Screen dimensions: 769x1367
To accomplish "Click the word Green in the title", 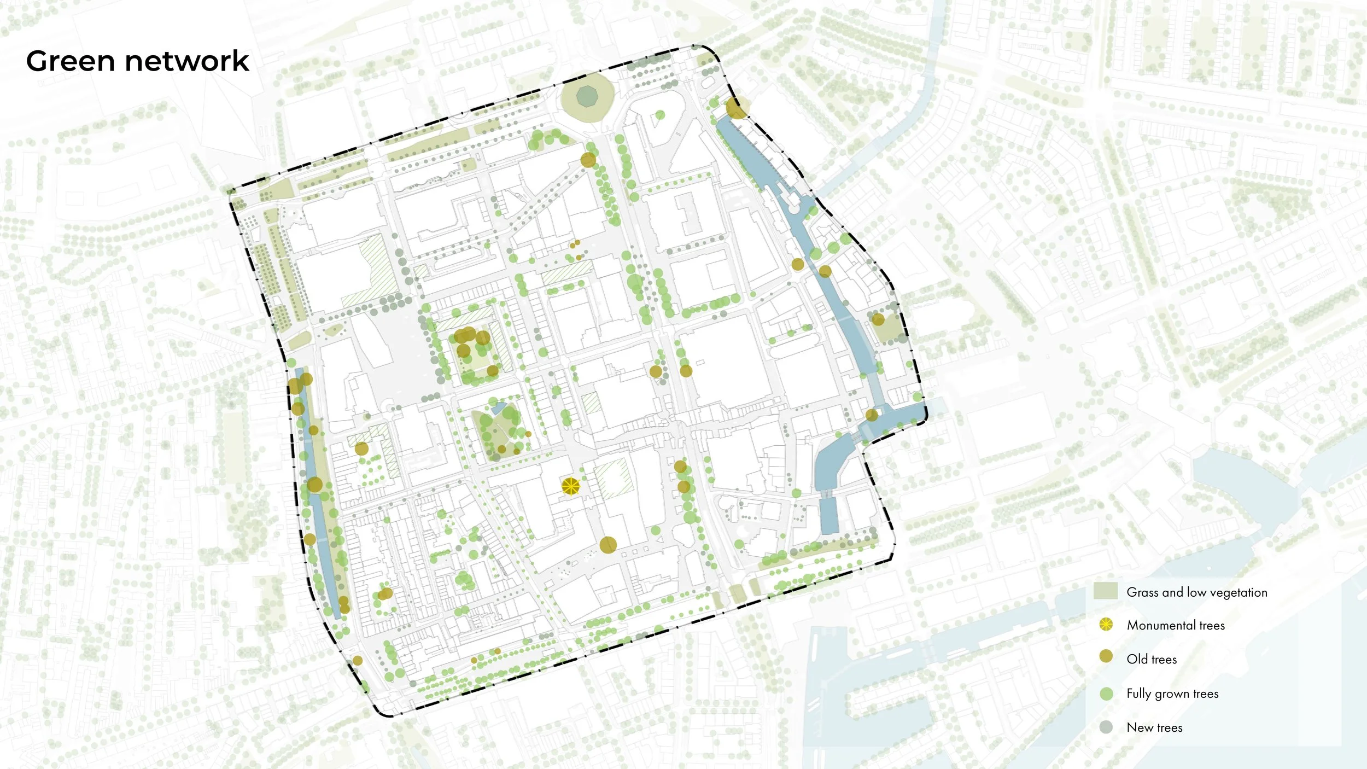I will click(x=70, y=61).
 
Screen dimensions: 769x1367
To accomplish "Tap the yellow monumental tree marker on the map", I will click(x=570, y=486).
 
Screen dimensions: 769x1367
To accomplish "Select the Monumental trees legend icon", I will click(x=1106, y=625).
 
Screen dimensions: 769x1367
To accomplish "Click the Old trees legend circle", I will click(x=1106, y=656).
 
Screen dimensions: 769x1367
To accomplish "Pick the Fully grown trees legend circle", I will click(x=1106, y=694).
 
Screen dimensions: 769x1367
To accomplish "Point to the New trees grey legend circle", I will click(x=1106, y=727).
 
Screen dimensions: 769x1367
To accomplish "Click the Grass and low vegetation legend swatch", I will click(x=1105, y=591).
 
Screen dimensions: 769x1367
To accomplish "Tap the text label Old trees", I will click(x=1152, y=659).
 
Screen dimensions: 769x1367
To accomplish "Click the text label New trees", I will click(x=1154, y=727).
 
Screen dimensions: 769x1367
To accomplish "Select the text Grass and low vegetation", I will click(x=1196, y=592).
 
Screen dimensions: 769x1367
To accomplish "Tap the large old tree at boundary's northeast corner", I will click(x=737, y=108).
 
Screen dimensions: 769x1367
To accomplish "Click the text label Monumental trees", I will click(x=1176, y=625).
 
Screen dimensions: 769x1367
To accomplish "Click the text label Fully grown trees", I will click(x=1172, y=694).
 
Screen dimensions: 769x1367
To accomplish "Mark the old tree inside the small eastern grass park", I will click(x=878, y=319).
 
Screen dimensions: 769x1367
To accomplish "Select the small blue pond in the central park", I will click(x=499, y=408).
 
